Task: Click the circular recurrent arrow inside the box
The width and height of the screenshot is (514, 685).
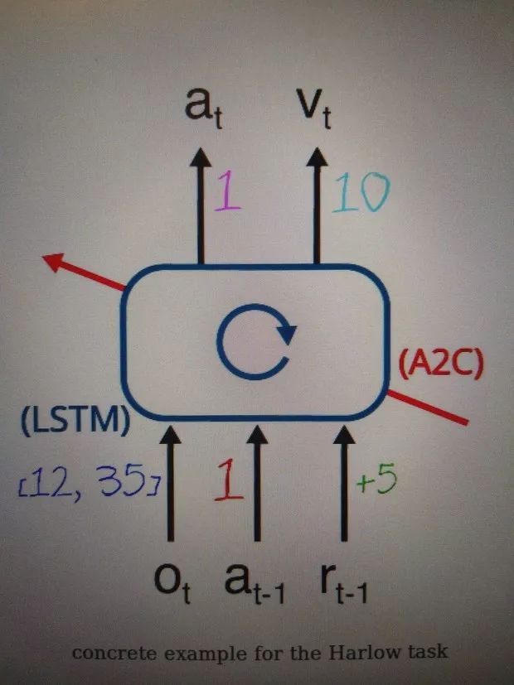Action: (255, 341)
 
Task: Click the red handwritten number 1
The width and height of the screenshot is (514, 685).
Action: (227, 481)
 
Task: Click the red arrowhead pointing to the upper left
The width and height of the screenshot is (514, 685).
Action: (56, 263)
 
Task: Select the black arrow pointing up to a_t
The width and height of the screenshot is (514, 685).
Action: (200, 207)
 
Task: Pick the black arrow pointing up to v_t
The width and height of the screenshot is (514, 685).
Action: (315, 207)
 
